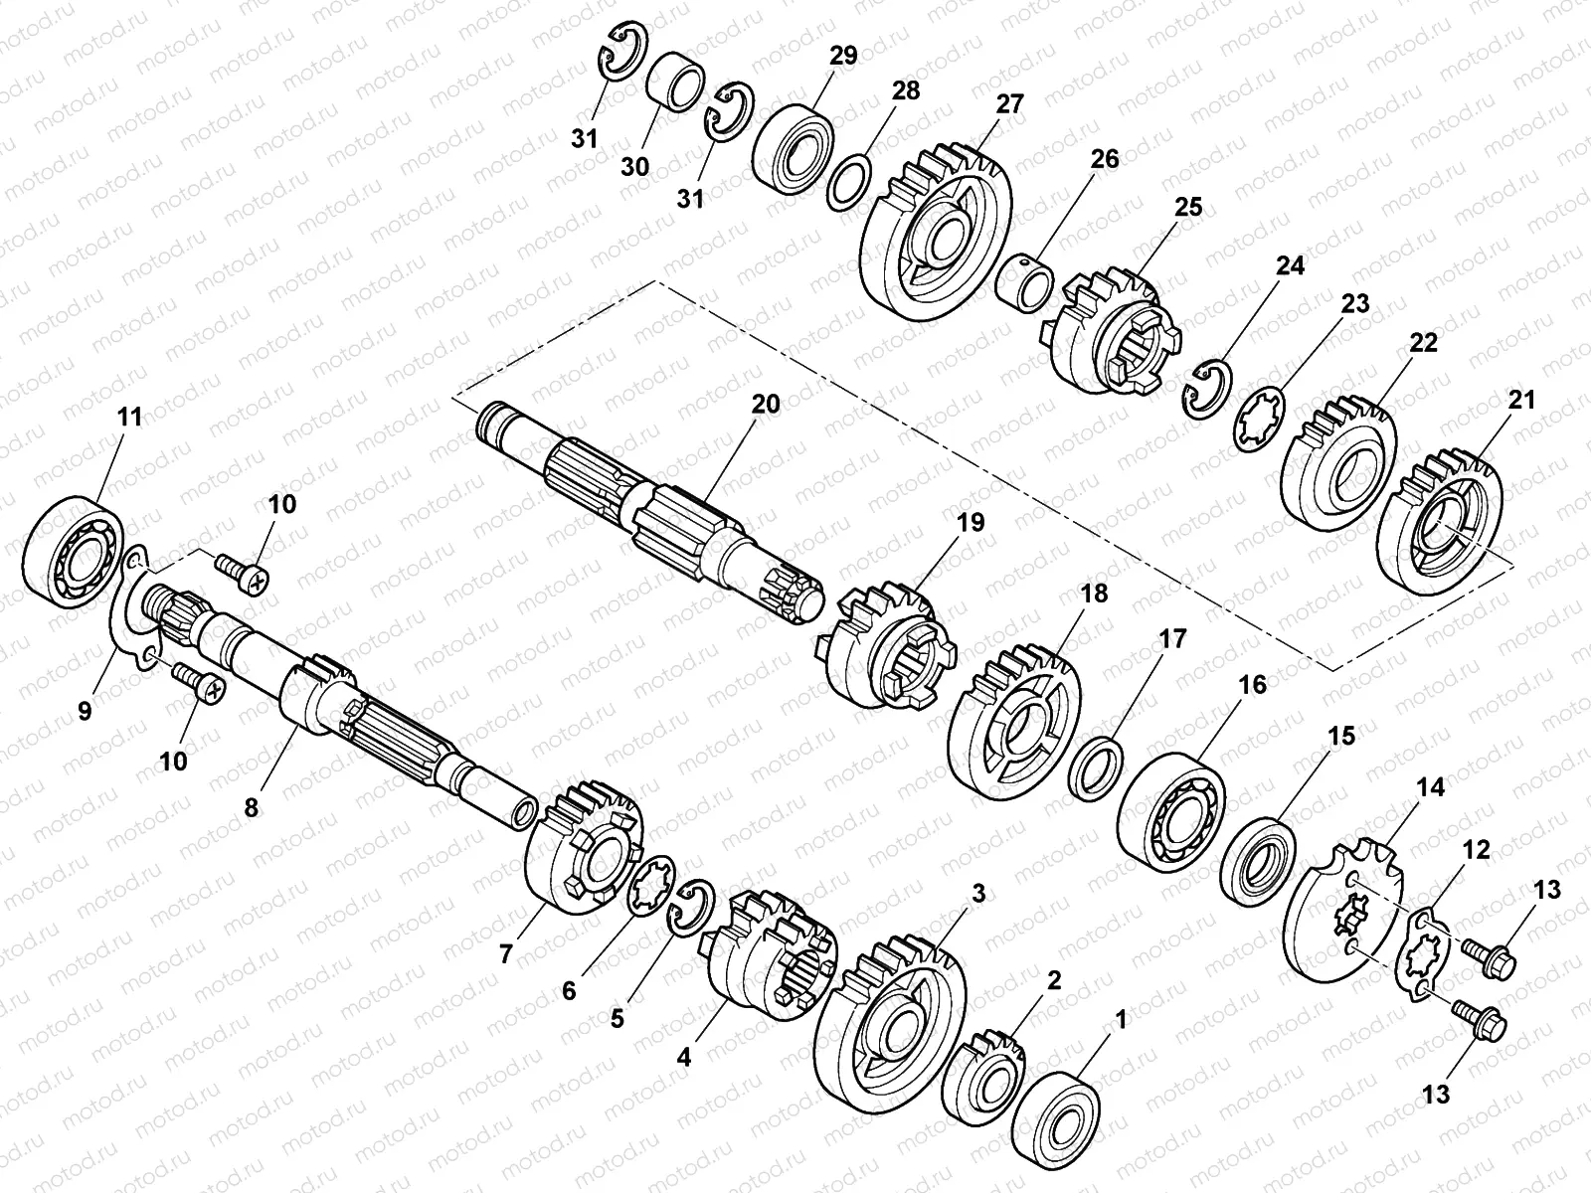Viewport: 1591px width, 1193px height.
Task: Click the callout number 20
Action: click(x=766, y=405)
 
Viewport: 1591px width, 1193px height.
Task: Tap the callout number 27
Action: click(x=1009, y=104)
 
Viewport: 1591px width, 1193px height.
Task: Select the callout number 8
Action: click(x=251, y=807)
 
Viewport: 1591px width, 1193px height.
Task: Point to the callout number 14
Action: click(x=1430, y=787)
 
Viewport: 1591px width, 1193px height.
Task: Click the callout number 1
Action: click(x=1121, y=1020)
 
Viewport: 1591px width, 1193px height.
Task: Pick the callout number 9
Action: click(x=85, y=711)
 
